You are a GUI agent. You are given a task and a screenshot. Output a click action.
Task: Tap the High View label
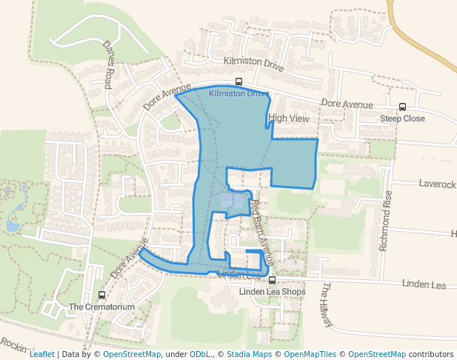coord(289,118)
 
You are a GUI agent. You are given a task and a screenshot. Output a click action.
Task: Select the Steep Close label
coord(402,119)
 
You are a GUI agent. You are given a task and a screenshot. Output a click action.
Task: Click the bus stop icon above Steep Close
coord(402,107)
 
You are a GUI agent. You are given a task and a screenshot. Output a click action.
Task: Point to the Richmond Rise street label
coord(385,221)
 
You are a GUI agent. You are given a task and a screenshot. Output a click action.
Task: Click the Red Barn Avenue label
coord(261,233)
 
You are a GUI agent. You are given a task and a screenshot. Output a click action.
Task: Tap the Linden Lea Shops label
coord(272,291)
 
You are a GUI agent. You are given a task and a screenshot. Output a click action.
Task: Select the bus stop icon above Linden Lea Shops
coord(272,280)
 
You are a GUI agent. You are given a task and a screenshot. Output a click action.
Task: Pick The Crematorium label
coord(101,307)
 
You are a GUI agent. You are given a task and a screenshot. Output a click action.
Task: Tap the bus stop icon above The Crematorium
coord(101,296)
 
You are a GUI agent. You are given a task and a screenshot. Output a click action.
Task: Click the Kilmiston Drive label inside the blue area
coord(238,94)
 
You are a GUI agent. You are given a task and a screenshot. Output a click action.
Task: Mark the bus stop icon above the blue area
coord(238,82)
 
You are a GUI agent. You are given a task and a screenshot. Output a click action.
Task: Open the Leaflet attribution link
coord(41,354)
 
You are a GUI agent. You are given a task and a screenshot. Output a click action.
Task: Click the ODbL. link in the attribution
coord(199,354)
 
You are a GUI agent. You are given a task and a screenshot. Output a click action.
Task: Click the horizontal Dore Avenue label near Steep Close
coord(347,105)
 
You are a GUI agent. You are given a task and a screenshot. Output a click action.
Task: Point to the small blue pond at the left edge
coord(13,224)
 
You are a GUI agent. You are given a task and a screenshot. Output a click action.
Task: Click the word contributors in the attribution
coord(431,354)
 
